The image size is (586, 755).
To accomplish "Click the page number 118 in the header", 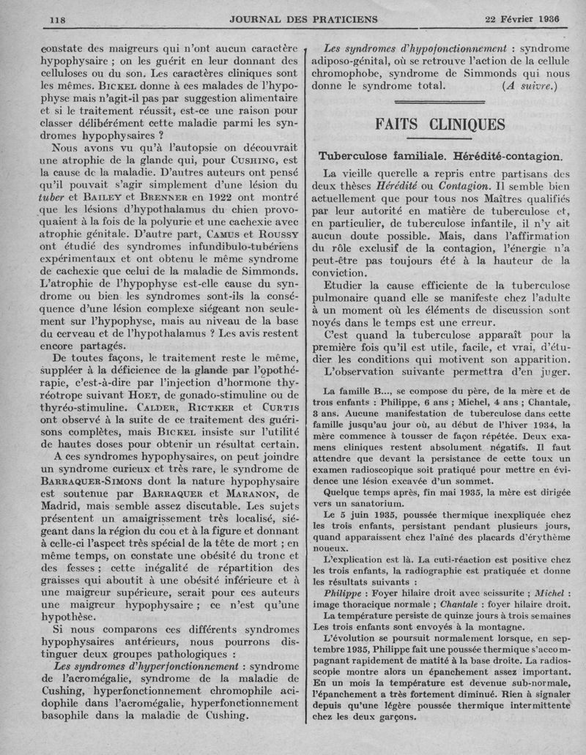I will (57, 18).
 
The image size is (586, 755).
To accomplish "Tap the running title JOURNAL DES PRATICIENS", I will (293, 18).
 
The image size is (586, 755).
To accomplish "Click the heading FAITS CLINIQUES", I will (439, 124).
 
